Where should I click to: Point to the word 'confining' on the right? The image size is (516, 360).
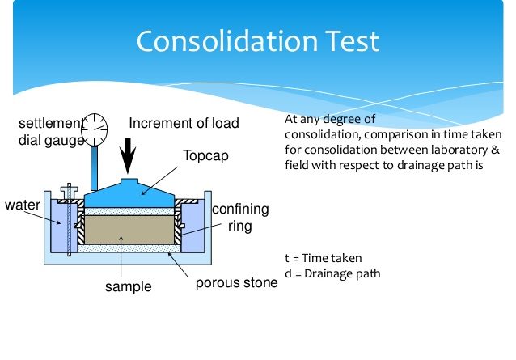pyautogui.click(x=240, y=210)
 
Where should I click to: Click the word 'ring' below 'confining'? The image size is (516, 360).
pyautogui.click(x=240, y=227)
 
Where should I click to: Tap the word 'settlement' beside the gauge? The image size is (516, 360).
pyautogui.click(x=50, y=123)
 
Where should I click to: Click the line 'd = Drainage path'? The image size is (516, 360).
pyautogui.click(x=333, y=273)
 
